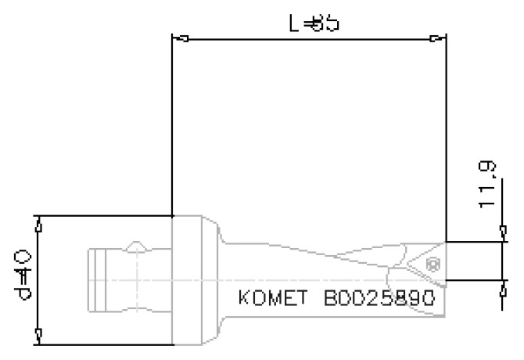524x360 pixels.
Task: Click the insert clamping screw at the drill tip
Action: click(x=430, y=266)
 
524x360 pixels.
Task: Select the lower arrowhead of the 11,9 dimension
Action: click(x=501, y=285)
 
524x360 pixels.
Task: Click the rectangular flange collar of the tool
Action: click(x=191, y=279)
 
